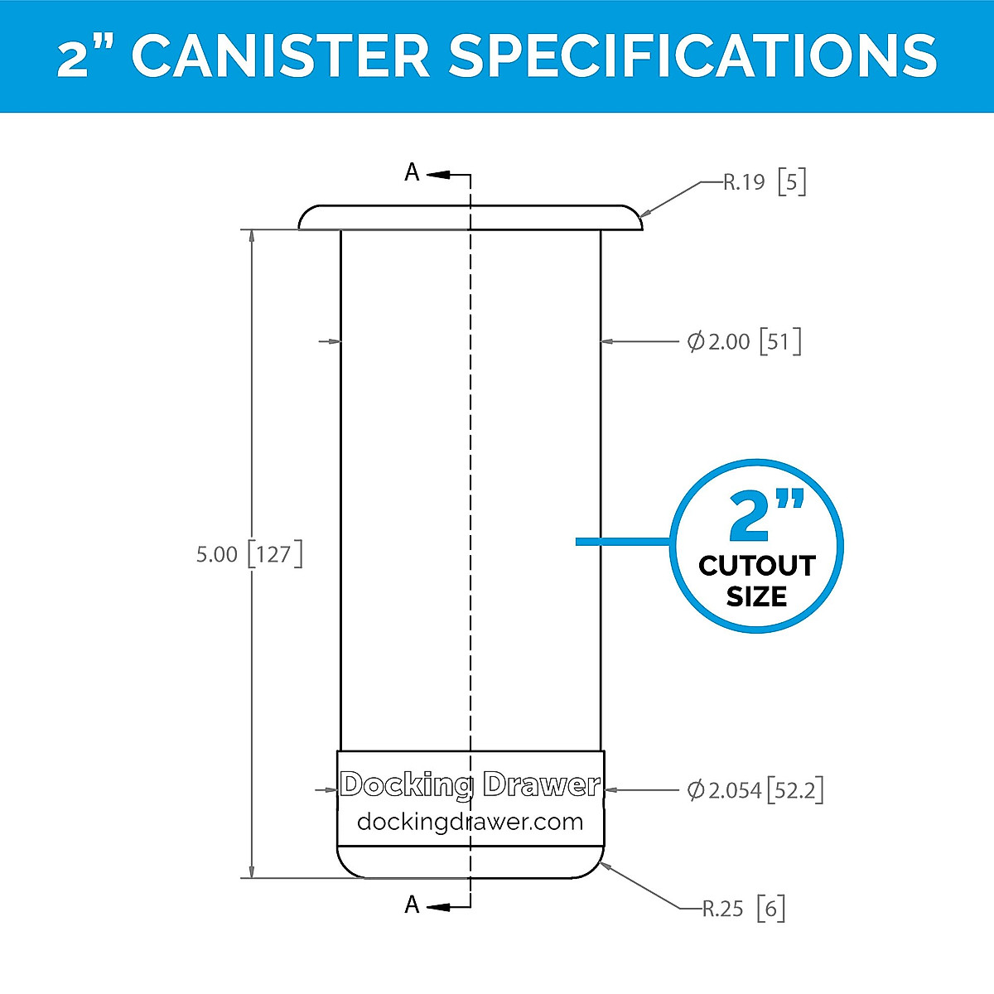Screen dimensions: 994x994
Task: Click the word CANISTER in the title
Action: pos(281,55)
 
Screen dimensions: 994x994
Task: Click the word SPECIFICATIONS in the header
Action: pos(692,55)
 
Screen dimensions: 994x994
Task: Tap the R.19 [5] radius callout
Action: pos(765,181)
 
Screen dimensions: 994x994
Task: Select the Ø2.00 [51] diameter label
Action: pos(744,341)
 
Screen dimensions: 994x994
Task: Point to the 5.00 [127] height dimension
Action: pos(248,553)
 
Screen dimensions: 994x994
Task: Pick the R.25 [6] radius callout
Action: pos(743,909)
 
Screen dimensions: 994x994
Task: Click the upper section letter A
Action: pos(412,172)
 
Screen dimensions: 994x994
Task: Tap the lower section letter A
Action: pos(412,905)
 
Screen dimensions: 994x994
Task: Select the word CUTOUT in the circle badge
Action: pos(757,566)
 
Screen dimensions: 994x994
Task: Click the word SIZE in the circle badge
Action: pos(756,596)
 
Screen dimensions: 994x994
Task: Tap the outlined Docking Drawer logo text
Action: pos(470,784)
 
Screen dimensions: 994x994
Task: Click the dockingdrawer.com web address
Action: pos(470,822)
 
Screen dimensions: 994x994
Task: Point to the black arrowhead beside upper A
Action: pos(440,175)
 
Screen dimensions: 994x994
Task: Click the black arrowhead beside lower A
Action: pos(440,907)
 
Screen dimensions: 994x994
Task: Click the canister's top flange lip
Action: pos(470,217)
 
